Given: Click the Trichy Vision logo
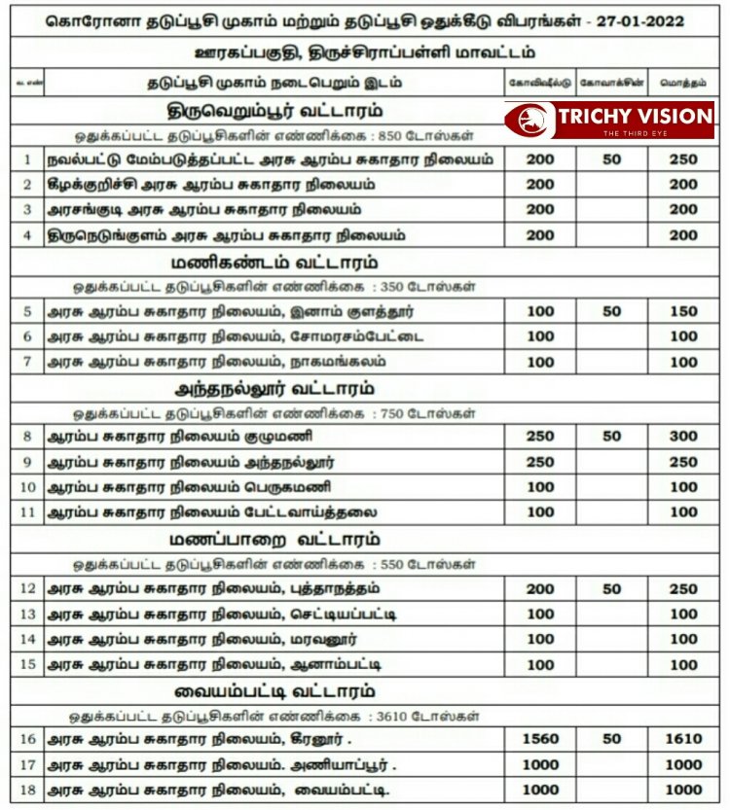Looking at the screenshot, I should click(609, 119).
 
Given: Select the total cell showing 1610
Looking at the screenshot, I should click(683, 739).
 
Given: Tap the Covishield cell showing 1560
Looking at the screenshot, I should click(540, 739).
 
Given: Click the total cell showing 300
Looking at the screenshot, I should click(683, 437).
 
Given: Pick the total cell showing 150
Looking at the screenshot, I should click(683, 311).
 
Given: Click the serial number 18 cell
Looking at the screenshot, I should click(27, 790).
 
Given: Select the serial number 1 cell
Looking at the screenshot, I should click(27, 158).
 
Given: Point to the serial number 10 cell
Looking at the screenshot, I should click(27, 487).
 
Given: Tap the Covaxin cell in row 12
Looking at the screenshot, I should click(611, 588).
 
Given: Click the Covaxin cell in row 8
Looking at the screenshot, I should click(611, 437).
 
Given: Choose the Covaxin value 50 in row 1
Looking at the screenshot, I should click(611, 158).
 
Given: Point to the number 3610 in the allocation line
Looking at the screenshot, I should click(384, 716).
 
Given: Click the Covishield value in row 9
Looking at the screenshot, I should click(540, 462).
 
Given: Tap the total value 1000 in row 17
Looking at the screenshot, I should click(683, 764).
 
